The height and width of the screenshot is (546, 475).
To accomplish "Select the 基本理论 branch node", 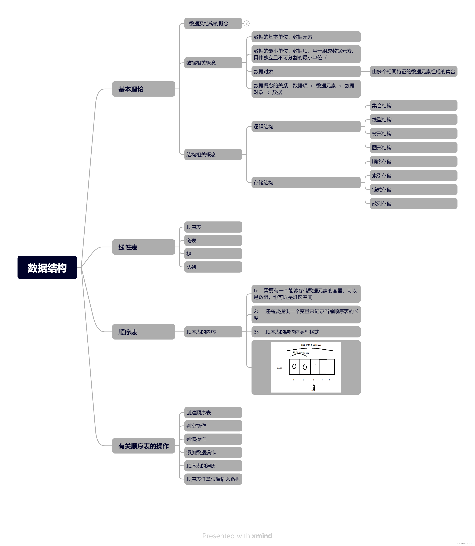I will click(x=143, y=89).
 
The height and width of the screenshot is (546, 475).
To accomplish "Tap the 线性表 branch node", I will click(x=143, y=247).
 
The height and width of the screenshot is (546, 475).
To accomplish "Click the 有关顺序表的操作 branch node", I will click(x=143, y=446).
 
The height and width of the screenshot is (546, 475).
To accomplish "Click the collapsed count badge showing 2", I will click(x=246, y=23).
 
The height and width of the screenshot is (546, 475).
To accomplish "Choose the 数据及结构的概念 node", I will click(x=213, y=23).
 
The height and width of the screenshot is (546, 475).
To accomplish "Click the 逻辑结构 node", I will click(x=306, y=127).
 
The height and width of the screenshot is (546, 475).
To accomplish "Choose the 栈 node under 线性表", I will click(x=213, y=254).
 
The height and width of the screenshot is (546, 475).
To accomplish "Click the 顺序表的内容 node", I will click(x=213, y=332).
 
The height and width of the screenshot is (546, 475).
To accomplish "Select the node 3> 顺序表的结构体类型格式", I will click(x=306, y=332).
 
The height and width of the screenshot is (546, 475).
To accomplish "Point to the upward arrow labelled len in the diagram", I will click(x=314, y=387).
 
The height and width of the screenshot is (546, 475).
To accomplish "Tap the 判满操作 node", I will click(x=213, y=439).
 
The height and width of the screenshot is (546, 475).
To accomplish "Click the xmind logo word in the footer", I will click(x=262, y=536).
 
